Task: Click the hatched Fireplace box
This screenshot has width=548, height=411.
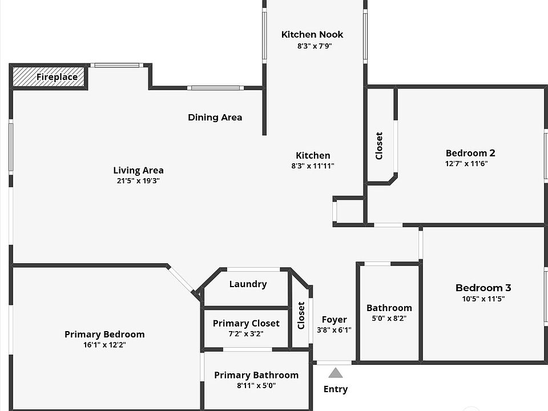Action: click(49, 77)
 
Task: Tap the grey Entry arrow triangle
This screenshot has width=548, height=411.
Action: click(336, 373)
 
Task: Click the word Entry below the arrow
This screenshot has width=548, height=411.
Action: click(336, 389)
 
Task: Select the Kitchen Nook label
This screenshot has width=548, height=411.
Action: click(312, 35)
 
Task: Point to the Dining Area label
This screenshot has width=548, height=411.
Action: click(215, 118)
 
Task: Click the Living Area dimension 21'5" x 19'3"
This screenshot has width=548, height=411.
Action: click(139, 181)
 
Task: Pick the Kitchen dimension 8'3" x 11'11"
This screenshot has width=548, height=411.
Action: click(313, 166)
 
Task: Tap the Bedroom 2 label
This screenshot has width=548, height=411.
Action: click(470, 153)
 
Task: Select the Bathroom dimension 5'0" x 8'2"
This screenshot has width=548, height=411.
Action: click(389, 319)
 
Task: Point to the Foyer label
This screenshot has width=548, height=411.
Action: click(335, 320)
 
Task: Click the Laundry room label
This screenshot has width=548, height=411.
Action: click(248, 284)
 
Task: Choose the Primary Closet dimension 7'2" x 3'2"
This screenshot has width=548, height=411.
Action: click(247, 334)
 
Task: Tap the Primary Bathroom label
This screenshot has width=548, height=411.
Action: click(256, 375)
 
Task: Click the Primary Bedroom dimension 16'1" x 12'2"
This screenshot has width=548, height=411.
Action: click(104, 345)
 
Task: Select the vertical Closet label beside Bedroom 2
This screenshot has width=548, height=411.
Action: click(379, 146)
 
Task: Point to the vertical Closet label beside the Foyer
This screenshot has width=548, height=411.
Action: click(301, 315)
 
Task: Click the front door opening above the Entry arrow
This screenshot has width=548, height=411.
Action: click(335, 362)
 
